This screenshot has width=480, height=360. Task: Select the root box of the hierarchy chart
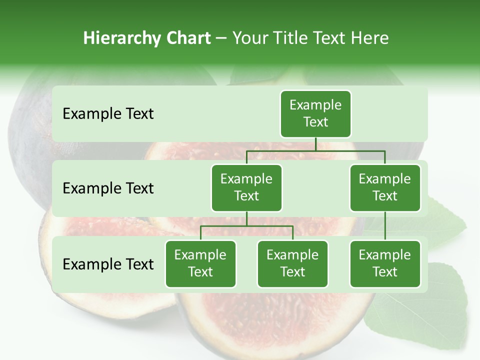pyautogui.click(x=315, y=114)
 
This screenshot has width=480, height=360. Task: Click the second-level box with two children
pyautogui.click(x=246, y=188)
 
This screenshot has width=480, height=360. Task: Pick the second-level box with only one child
pyautogui.click(x=385, y=188)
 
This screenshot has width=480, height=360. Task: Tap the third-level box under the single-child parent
pyautogui.click(x=385, y=264)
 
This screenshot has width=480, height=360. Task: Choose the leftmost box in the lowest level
pyautogui.click(x=200, y=264)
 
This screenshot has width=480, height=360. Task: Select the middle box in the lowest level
pyautogui.click(x=292, y=264)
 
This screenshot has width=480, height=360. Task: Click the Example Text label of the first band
pyautogui.click(x=108, y=114)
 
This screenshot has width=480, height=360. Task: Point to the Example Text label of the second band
pyautogui.click(x=108, y=188)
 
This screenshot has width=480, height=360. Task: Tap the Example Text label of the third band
pyautogui.click(x=108, y=264)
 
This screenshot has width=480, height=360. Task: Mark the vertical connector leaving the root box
pyautogui.click(x=315, y=144)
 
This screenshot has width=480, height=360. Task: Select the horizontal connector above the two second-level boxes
pyautogui.click(x=315, y=150)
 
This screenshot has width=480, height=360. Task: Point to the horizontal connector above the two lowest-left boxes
pyautogui.click(x=246, y=226)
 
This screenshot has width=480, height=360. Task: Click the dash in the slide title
pyautogui.click(x=221, y=38)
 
